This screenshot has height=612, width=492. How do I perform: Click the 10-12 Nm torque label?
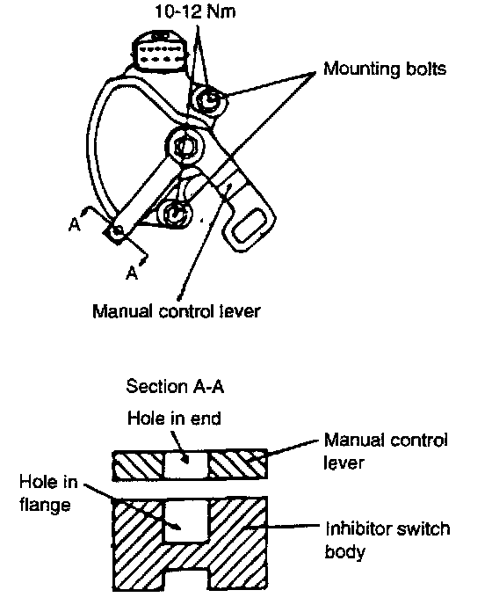(x=195, y=11)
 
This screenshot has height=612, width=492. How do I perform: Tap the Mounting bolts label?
(x=385, y=69)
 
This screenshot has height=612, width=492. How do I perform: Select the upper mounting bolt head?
(x=209, y=99)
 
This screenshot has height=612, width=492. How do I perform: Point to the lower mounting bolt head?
(x=177, y=213)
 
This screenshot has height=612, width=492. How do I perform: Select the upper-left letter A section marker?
(x=74, y=224)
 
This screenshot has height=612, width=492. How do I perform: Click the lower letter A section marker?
(x=132, y=272)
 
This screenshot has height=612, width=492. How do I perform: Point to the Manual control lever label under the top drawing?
(x=177, y=311)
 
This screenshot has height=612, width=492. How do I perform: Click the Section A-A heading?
(x=175, y=386)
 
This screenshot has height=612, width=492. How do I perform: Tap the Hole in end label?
(x=174, y=418)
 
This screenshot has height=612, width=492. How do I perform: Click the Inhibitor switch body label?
(x=387, y=540)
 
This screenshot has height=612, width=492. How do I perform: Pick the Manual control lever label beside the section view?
(x=386, y=451)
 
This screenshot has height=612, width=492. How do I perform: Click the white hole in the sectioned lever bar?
(x=186, y=465)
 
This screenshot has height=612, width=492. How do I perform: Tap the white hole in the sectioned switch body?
(x=186, y=521)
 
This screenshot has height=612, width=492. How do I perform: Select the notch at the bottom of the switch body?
(x=186, y=578)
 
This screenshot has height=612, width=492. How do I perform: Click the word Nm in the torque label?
(x=221, y=11)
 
